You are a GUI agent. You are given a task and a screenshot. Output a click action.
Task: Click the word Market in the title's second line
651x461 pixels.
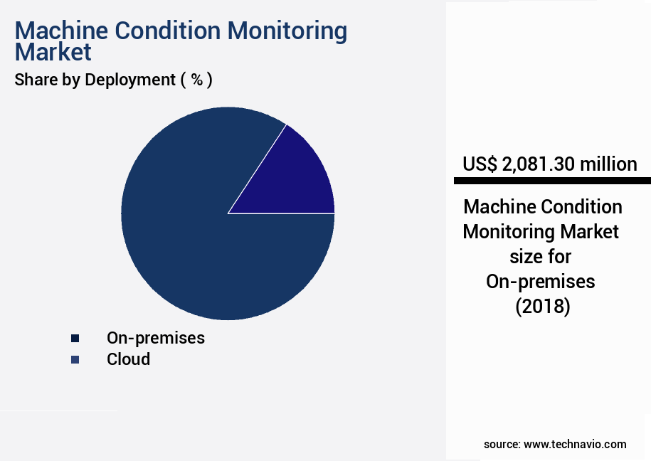[x=53, y=52]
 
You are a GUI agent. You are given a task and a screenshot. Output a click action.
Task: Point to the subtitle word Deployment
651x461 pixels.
[x=129, y=80]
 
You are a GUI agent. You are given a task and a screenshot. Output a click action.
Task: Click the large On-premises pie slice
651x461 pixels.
[x=206, y=249]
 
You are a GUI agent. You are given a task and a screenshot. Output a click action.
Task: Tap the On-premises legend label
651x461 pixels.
[x=156, y=338]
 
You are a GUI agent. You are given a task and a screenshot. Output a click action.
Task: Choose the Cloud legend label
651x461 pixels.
[x=129, y=359]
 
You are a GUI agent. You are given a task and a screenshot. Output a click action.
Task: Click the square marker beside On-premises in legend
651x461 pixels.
[x=75, y=338]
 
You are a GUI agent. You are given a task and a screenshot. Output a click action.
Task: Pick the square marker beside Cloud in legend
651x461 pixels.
[x=75, y=359]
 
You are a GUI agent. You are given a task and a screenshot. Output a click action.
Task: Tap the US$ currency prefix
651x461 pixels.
[x=480, y=164]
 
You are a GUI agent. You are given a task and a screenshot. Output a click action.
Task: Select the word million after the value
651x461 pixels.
[x=608, y=164]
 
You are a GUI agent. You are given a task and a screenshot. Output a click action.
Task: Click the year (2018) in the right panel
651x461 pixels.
[x=542, y=307]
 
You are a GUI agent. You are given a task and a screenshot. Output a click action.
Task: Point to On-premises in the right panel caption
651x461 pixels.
[x=541, y=282]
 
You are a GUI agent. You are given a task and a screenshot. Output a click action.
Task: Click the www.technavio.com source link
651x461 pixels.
[x=575, y=444]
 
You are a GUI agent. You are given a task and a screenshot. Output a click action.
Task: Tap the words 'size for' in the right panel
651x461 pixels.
[x=541, y=257]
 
